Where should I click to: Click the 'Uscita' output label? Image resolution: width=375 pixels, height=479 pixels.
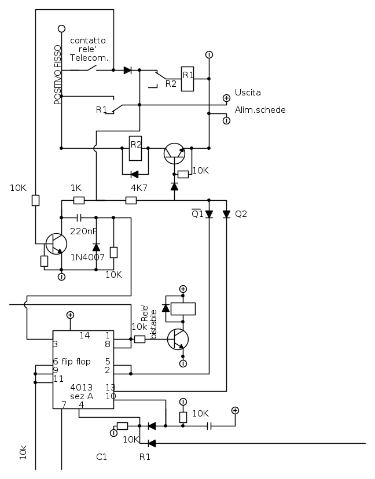point(248,93)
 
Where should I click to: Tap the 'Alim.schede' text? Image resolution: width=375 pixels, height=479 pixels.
point(260,110)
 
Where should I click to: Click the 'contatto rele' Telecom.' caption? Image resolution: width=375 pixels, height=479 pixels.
point(88,49)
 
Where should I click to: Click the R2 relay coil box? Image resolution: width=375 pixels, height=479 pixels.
point(135,149)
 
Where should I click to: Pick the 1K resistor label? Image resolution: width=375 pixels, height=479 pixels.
point(76,188)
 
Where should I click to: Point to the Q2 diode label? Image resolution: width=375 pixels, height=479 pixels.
point(241,214)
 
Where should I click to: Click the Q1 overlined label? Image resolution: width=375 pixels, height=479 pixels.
point(197,213)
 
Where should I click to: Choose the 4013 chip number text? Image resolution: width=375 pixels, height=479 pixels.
point(82,387)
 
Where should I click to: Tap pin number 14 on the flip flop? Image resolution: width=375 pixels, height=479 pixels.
point(85,336)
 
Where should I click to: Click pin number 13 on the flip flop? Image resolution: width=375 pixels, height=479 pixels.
point(109,387)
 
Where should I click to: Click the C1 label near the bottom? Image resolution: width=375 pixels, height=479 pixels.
point(102,456)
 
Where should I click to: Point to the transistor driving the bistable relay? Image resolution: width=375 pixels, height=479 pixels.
point(177,339)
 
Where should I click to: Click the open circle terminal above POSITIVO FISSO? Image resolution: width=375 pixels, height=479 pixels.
point(61,28)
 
